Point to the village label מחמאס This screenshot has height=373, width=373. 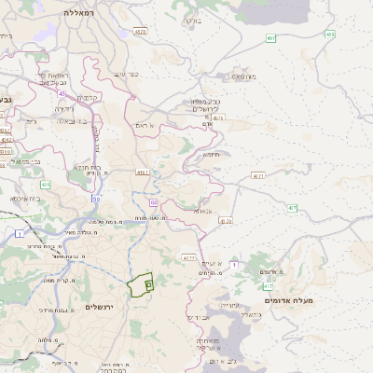coord(244,76)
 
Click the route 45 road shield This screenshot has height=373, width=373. coord(62,93)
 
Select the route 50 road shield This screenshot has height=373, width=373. coord(96,199)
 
